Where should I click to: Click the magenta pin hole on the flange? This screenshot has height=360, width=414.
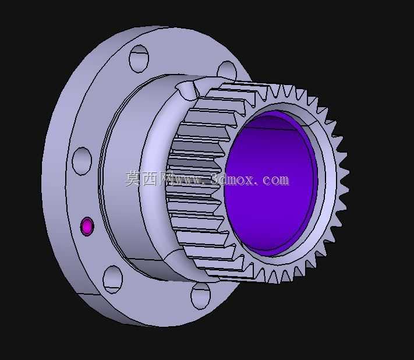pyautogui.click(x=87, y=227)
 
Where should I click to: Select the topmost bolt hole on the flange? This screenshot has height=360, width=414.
pyautogui.click(x=139, y=58)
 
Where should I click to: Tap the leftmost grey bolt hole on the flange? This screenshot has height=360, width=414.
pyautogui.click(x=82, y=161)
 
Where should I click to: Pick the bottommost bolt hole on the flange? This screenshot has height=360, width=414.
pyautogui.click(x=200, y=295)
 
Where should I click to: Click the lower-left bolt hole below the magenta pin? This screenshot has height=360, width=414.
pyautogui.click(x=113, y=279)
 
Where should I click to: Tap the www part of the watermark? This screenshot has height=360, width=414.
pyautogui.click(x=188, y=181)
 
